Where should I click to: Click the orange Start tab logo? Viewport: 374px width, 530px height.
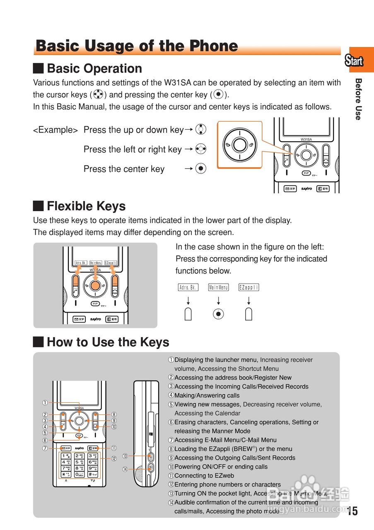pos(354,61)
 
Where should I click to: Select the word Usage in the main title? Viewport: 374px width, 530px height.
pos(109,46)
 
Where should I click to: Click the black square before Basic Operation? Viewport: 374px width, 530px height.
pos(39,67)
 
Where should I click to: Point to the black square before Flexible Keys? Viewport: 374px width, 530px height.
pos(39,205)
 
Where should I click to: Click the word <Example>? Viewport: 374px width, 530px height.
pos(55,130)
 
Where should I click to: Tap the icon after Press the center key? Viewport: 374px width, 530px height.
pos(201,169)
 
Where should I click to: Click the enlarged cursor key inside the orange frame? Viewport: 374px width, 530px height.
pos(239,145)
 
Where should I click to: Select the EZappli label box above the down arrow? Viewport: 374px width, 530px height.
pos(249,287)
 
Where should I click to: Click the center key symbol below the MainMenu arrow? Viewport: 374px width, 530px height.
pos(218,314)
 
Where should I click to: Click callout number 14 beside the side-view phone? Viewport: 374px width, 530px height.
pos(125,469)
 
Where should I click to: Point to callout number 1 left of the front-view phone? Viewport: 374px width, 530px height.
pos(44,402)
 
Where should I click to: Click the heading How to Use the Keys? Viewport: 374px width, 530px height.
pos(108,342)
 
